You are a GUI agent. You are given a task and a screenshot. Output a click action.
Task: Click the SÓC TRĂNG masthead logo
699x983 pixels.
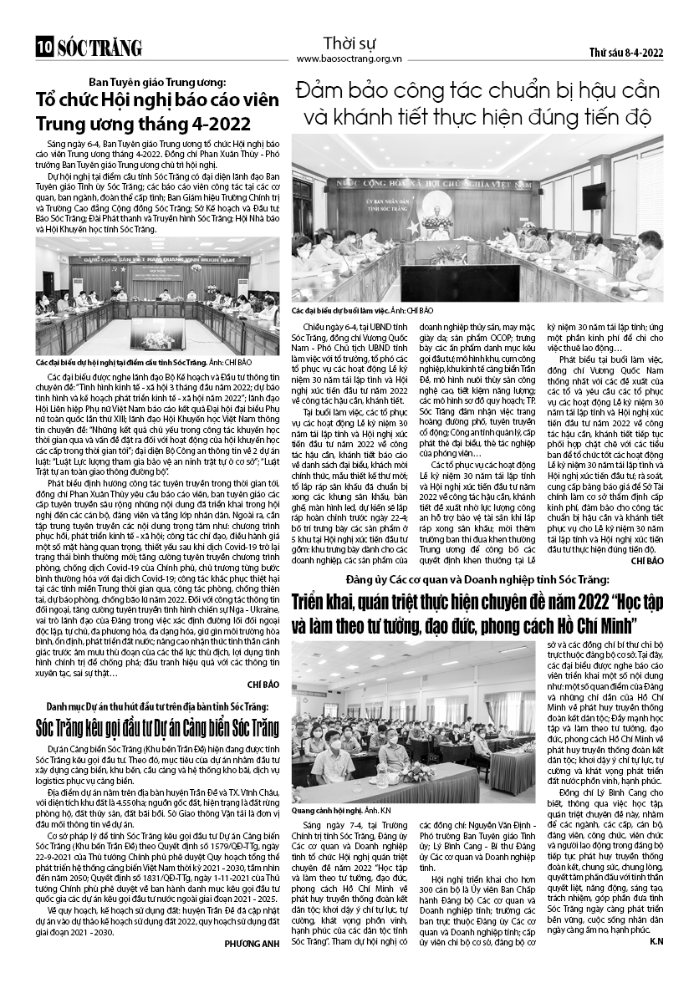coord(99,48)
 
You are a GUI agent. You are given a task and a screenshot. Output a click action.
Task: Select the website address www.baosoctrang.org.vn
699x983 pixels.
coord(349,59)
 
